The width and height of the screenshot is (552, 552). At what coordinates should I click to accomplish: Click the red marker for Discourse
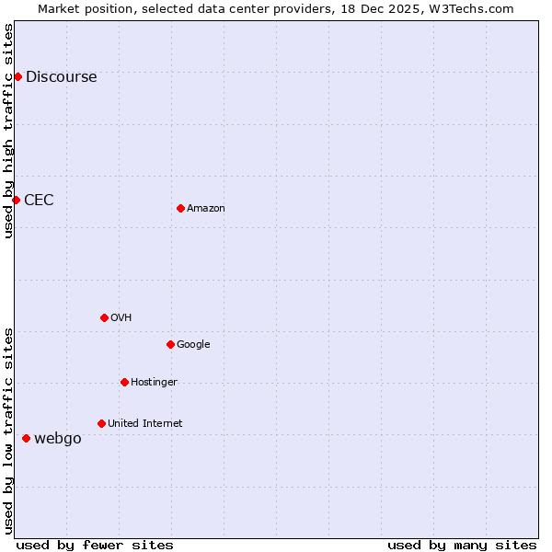coord(17,76)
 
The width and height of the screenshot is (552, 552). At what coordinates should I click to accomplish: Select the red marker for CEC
coord(16,200)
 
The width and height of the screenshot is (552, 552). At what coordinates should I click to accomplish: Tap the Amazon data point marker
coord(180,208)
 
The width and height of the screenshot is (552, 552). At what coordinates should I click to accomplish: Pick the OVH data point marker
coord(104,317)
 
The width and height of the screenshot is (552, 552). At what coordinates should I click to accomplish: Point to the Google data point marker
coord(170,344)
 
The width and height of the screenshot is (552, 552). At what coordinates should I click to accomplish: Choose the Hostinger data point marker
coord(124,382)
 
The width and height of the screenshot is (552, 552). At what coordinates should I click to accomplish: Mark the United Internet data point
coord(101,423)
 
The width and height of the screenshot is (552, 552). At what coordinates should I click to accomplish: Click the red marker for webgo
coord(26,438)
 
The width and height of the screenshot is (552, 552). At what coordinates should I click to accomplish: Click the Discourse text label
coord(61,77)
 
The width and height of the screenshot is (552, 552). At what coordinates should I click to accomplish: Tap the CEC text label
coord(39,201)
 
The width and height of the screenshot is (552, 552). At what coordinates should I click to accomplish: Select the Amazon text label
coord(206,209)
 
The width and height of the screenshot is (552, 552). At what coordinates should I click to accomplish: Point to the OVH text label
coord(121,318)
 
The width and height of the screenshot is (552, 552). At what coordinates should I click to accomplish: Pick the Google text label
coord(193,345)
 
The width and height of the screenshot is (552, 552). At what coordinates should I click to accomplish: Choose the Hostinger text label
coord(154,383)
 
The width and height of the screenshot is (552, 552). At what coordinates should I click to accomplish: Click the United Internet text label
coord(144,424)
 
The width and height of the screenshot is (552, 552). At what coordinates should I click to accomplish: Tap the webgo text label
coord(57,439)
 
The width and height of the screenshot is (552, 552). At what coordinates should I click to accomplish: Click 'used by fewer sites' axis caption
coord(95,546)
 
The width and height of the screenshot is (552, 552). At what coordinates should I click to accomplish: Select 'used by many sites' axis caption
coord(462,546)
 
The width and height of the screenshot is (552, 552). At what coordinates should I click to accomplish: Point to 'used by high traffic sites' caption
coord(8,131)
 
